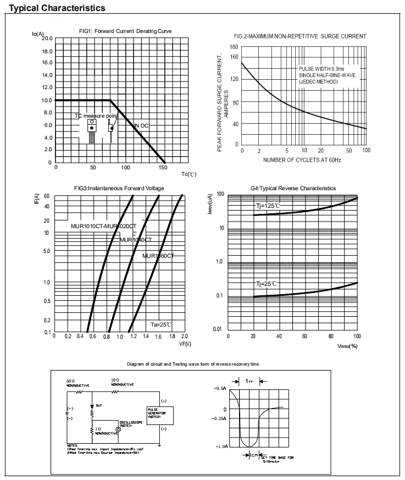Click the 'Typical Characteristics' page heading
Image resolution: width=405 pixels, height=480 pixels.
58,8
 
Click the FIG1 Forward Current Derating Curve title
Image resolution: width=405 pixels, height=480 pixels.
125,31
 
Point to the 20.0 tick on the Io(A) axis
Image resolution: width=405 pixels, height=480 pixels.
46,38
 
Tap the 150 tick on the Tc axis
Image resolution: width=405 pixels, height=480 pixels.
163,167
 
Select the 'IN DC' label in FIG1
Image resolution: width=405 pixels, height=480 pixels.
141,126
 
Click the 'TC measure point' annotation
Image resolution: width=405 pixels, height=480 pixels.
97,116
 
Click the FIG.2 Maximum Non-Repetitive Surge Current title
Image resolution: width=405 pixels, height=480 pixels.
300,36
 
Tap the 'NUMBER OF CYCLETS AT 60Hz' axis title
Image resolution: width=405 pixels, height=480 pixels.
302,159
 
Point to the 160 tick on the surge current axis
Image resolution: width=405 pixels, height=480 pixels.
235,57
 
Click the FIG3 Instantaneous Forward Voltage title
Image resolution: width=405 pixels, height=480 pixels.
119,188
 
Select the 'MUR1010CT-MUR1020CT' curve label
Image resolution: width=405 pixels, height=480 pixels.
103,227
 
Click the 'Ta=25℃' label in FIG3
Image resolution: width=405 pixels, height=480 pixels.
162,324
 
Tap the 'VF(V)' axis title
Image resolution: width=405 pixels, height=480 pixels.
185,344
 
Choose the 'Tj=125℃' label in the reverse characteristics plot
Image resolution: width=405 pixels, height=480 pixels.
268,206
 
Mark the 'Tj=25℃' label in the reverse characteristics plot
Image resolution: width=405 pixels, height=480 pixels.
266,284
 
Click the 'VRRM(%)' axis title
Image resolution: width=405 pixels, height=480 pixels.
347,346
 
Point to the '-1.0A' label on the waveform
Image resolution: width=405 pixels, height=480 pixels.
221,447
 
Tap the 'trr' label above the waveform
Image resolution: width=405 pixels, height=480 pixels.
249,380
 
